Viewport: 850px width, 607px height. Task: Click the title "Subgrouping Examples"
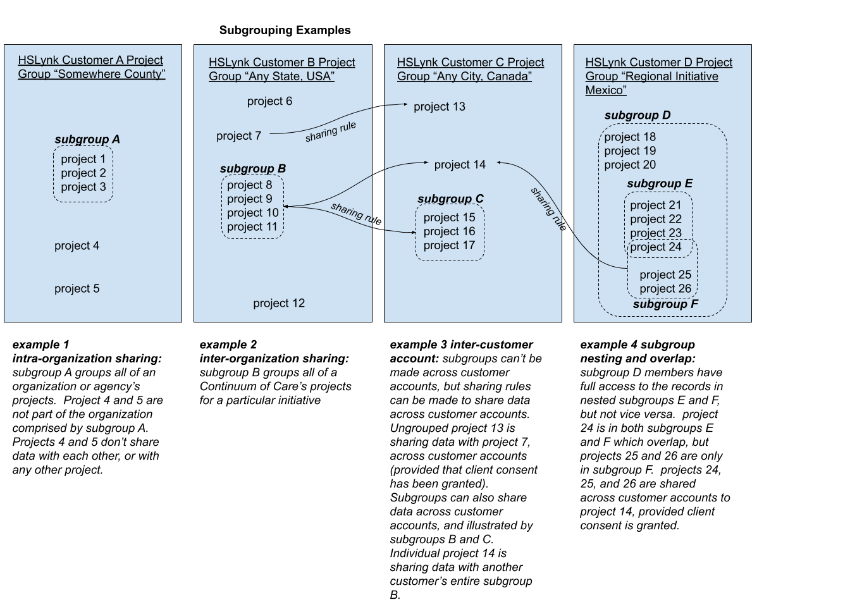point(285,30)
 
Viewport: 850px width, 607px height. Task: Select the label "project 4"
point(77,246)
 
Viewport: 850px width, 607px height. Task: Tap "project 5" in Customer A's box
point(77,289)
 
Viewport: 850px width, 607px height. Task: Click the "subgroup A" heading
point(87,140)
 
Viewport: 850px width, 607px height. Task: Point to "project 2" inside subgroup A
point(83,173)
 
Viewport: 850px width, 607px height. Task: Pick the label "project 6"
point(269,101)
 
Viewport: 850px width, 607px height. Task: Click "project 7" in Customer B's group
point(238,136)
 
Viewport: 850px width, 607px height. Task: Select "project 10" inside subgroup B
point(252,213)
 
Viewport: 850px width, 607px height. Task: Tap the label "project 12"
point(279,303)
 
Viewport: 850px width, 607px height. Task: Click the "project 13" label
point(440,107)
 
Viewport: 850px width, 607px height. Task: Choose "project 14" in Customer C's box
point(460,165)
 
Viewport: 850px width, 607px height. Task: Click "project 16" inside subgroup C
point(449,231)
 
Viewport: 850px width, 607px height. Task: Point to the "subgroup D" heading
point(637,116)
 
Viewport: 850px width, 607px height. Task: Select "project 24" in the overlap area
point(656,247)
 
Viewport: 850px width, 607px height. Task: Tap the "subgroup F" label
point(665,304)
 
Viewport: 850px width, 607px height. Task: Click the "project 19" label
point(630,151)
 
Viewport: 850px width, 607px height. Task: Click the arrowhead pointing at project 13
point(405,105)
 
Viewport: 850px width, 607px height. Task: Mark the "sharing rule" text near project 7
point(331,132)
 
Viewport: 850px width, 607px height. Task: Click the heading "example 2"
point(228,345)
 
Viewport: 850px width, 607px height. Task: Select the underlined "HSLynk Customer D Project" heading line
point(658,63)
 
